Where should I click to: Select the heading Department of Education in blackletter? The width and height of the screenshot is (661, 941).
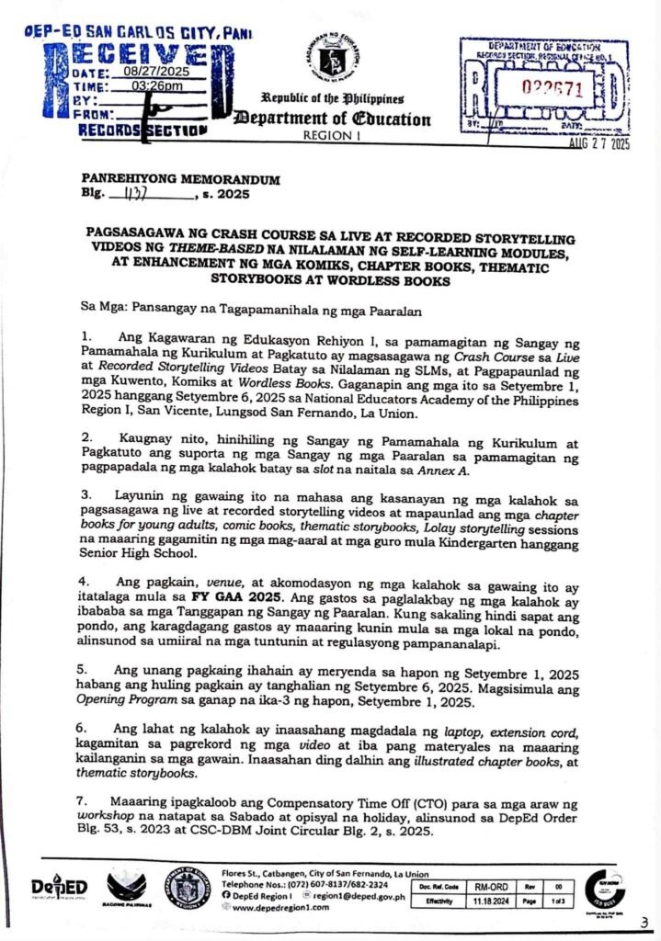pyautogui.click(x=333, y=119)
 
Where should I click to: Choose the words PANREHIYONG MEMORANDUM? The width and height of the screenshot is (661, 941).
pyautogui.click(x=180, y=179)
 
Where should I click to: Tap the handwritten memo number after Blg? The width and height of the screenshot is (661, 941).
pyautogui.click(x=136, y=195)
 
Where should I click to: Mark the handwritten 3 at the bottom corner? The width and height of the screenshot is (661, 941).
pyautogui.click(x=644, y=923)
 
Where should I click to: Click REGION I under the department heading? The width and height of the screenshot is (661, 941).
pyautogui.click(x=333, y=134)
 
